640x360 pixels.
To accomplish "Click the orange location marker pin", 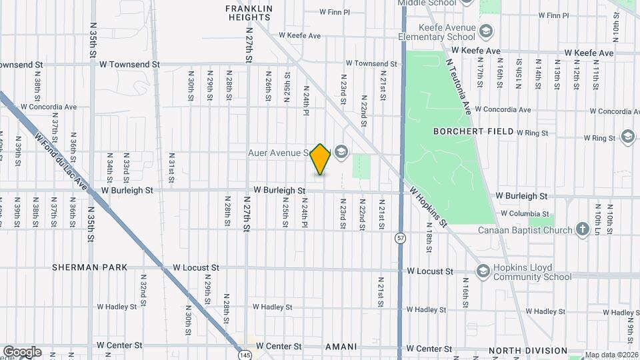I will tap(321, 159).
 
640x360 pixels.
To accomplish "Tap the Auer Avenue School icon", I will tap(341, 153).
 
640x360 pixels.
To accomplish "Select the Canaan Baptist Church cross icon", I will tap(583, 230).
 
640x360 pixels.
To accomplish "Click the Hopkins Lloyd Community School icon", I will tap(483, 271).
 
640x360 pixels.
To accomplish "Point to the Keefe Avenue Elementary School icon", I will tap(487, 31).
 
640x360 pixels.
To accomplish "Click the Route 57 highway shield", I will tap(400, 238).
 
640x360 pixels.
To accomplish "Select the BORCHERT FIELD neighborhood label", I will tap(473, 131).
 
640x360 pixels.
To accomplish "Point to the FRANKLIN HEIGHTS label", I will tap(249, 13).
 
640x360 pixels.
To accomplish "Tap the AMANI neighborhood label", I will tap(341, 347).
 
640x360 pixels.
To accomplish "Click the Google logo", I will tap(21, 352).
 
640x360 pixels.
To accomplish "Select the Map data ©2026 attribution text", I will tap(611, 355).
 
